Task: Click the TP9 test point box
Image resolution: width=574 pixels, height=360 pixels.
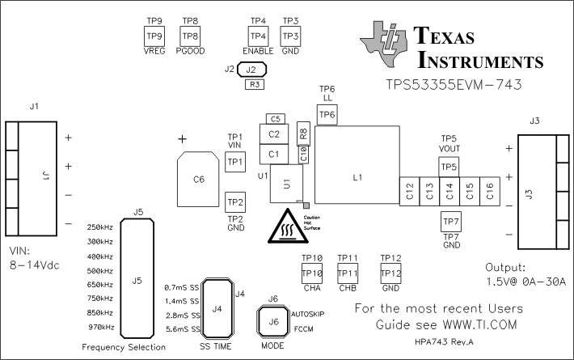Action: pos(154,36)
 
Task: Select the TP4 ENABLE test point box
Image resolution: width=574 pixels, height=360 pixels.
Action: pos(258,36)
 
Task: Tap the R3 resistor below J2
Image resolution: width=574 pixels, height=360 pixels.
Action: pos(255,84)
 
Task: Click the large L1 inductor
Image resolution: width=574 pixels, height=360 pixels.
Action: pos(357,165)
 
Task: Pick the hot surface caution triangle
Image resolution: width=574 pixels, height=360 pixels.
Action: pos(284,226)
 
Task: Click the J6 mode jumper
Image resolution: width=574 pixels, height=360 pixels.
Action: pos(273,322)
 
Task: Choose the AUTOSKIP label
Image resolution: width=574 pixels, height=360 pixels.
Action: pos(306,311)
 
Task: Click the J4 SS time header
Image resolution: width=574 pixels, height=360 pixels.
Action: pos(216,308)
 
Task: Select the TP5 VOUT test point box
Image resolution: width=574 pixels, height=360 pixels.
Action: pos(449,167)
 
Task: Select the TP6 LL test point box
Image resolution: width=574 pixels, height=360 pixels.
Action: pos(327,115)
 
